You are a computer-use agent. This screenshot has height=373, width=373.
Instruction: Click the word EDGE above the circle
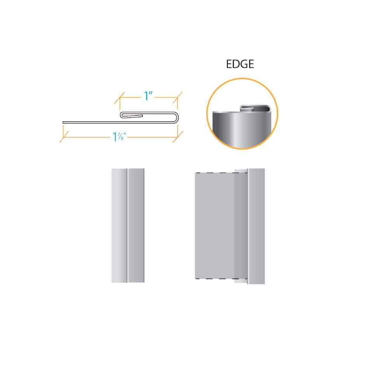240,64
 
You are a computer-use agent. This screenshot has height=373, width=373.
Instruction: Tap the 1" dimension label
148,96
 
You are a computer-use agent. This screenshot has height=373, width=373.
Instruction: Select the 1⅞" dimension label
119,137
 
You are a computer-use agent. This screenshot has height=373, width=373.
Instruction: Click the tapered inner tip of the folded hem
142,116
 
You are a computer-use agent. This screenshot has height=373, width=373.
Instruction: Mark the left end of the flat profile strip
63,122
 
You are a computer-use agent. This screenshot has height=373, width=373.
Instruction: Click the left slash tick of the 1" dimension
120,98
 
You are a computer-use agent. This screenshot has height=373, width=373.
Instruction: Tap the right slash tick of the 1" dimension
178,98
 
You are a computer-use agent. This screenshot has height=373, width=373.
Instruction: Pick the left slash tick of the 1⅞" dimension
64,137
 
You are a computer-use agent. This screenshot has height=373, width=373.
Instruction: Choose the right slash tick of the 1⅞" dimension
178,137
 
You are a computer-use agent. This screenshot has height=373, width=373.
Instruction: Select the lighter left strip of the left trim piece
119,225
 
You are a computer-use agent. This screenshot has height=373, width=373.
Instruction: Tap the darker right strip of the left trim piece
136,225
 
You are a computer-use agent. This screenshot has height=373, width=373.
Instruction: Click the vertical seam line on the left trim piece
127,225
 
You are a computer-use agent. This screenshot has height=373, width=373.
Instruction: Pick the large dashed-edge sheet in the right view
214,225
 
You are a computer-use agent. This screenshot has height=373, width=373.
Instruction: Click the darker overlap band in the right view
241,225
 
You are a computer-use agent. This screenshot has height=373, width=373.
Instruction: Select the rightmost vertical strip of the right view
256,226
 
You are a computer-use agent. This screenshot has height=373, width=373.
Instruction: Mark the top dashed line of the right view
221,173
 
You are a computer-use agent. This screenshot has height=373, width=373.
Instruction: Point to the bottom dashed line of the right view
221,279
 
